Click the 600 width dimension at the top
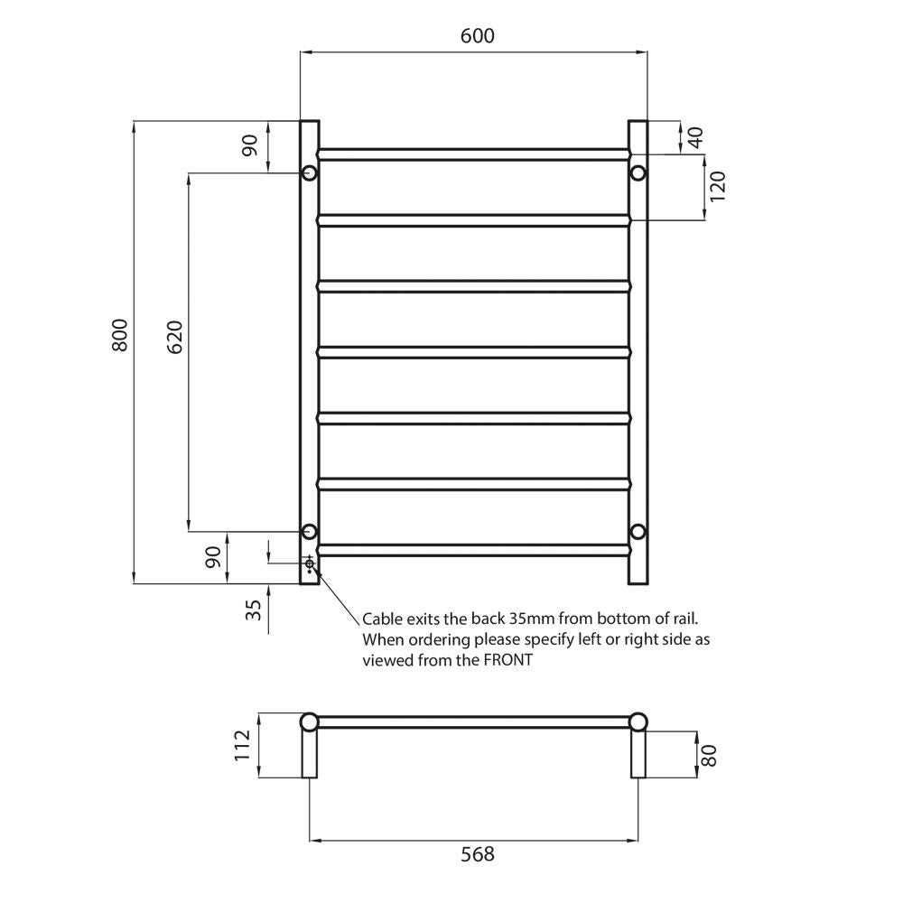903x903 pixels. pos(477,35)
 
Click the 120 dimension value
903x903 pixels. pos(718,187)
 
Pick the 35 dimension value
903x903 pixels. pos(254,610)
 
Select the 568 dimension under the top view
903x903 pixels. pos(477,853)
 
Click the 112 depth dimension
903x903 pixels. pos(242,746)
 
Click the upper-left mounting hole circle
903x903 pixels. pos(309,172)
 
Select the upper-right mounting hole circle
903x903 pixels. pos(638,172)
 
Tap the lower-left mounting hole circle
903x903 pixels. pos(309,531)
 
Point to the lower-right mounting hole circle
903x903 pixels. pos(638,531)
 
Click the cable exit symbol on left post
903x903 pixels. pos(310,564)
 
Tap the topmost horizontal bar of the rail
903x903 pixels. pos(473,154)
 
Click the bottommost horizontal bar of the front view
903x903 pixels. pos(473,549)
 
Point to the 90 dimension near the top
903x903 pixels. pos(250,145)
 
